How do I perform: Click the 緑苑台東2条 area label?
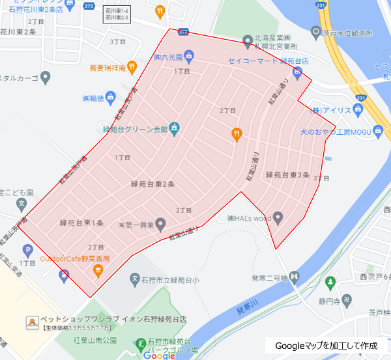point(152,184)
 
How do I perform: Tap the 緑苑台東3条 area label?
point(291,174)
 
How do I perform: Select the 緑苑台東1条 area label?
point(81,223)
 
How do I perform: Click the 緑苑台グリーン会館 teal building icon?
point(174,127)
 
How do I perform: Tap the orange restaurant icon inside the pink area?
point(237,134)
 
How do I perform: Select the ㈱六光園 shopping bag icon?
point(188,55)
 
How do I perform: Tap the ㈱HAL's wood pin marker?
point(278,217)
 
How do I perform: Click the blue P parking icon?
point(27,249)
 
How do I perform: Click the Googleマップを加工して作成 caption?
point(326,345)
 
